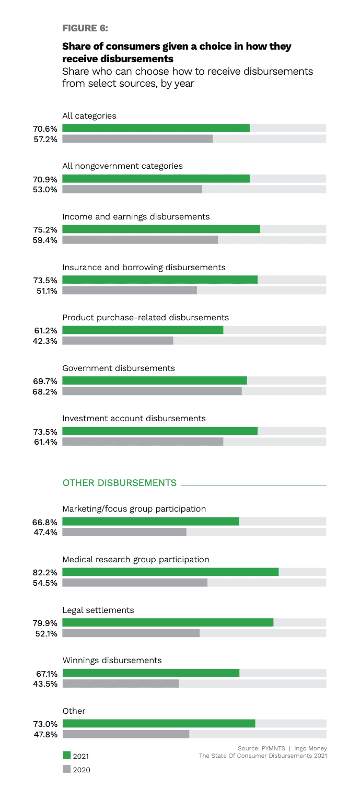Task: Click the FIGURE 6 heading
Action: [85, 28]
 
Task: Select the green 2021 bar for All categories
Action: [156, 128]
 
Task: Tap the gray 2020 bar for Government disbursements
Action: [152, 391]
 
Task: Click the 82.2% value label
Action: [45, 573]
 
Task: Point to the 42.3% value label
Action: [45, 341]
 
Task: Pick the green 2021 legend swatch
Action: [66, 755]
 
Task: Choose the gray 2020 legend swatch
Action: [66, 769]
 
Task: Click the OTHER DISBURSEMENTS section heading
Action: [120, 483]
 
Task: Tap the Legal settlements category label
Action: [98, 610]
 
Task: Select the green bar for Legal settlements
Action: [168, 622]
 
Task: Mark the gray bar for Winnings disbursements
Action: [120, 684]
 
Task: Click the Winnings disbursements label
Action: [112, 660]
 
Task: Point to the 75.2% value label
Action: [45, 229]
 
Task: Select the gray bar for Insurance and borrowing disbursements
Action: [130, 290]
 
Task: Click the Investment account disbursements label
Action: [134, 418]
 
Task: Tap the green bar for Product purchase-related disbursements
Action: [143, 330]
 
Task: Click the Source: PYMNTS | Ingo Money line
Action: [282, 748]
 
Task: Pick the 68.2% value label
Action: [45, 391]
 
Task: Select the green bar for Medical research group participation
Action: [170, 572]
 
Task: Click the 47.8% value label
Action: [45, 734]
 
